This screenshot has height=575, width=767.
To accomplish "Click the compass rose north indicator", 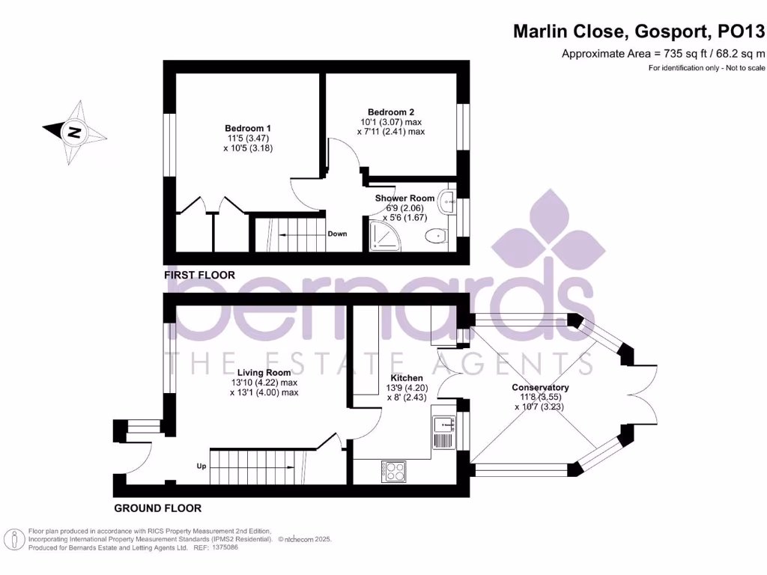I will pyautogui.click(x=74, y=133).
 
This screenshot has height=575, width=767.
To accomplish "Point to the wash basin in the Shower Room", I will pyautogui.click(x=446, y=200).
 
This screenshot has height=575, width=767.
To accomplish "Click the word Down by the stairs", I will pyautogui.click(x=337, y=234).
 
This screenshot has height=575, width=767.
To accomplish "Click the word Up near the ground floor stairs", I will pyautogui.click(x=201, y=466).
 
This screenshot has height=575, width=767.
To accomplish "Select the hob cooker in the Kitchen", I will pyautogui.click(x=394, y=470).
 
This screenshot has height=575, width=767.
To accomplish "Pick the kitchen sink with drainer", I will pyautogui.click(x=443, y=432).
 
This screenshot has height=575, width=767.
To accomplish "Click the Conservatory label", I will pyautogui.click(x=540, y=387).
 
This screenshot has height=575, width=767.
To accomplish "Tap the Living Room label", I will pyautogui.click(x=264, y=372).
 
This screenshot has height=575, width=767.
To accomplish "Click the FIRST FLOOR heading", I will pyautogui.click(x=199, y=275).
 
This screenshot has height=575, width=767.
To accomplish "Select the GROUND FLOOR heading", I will pyautogui.click(x=157, y=508).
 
